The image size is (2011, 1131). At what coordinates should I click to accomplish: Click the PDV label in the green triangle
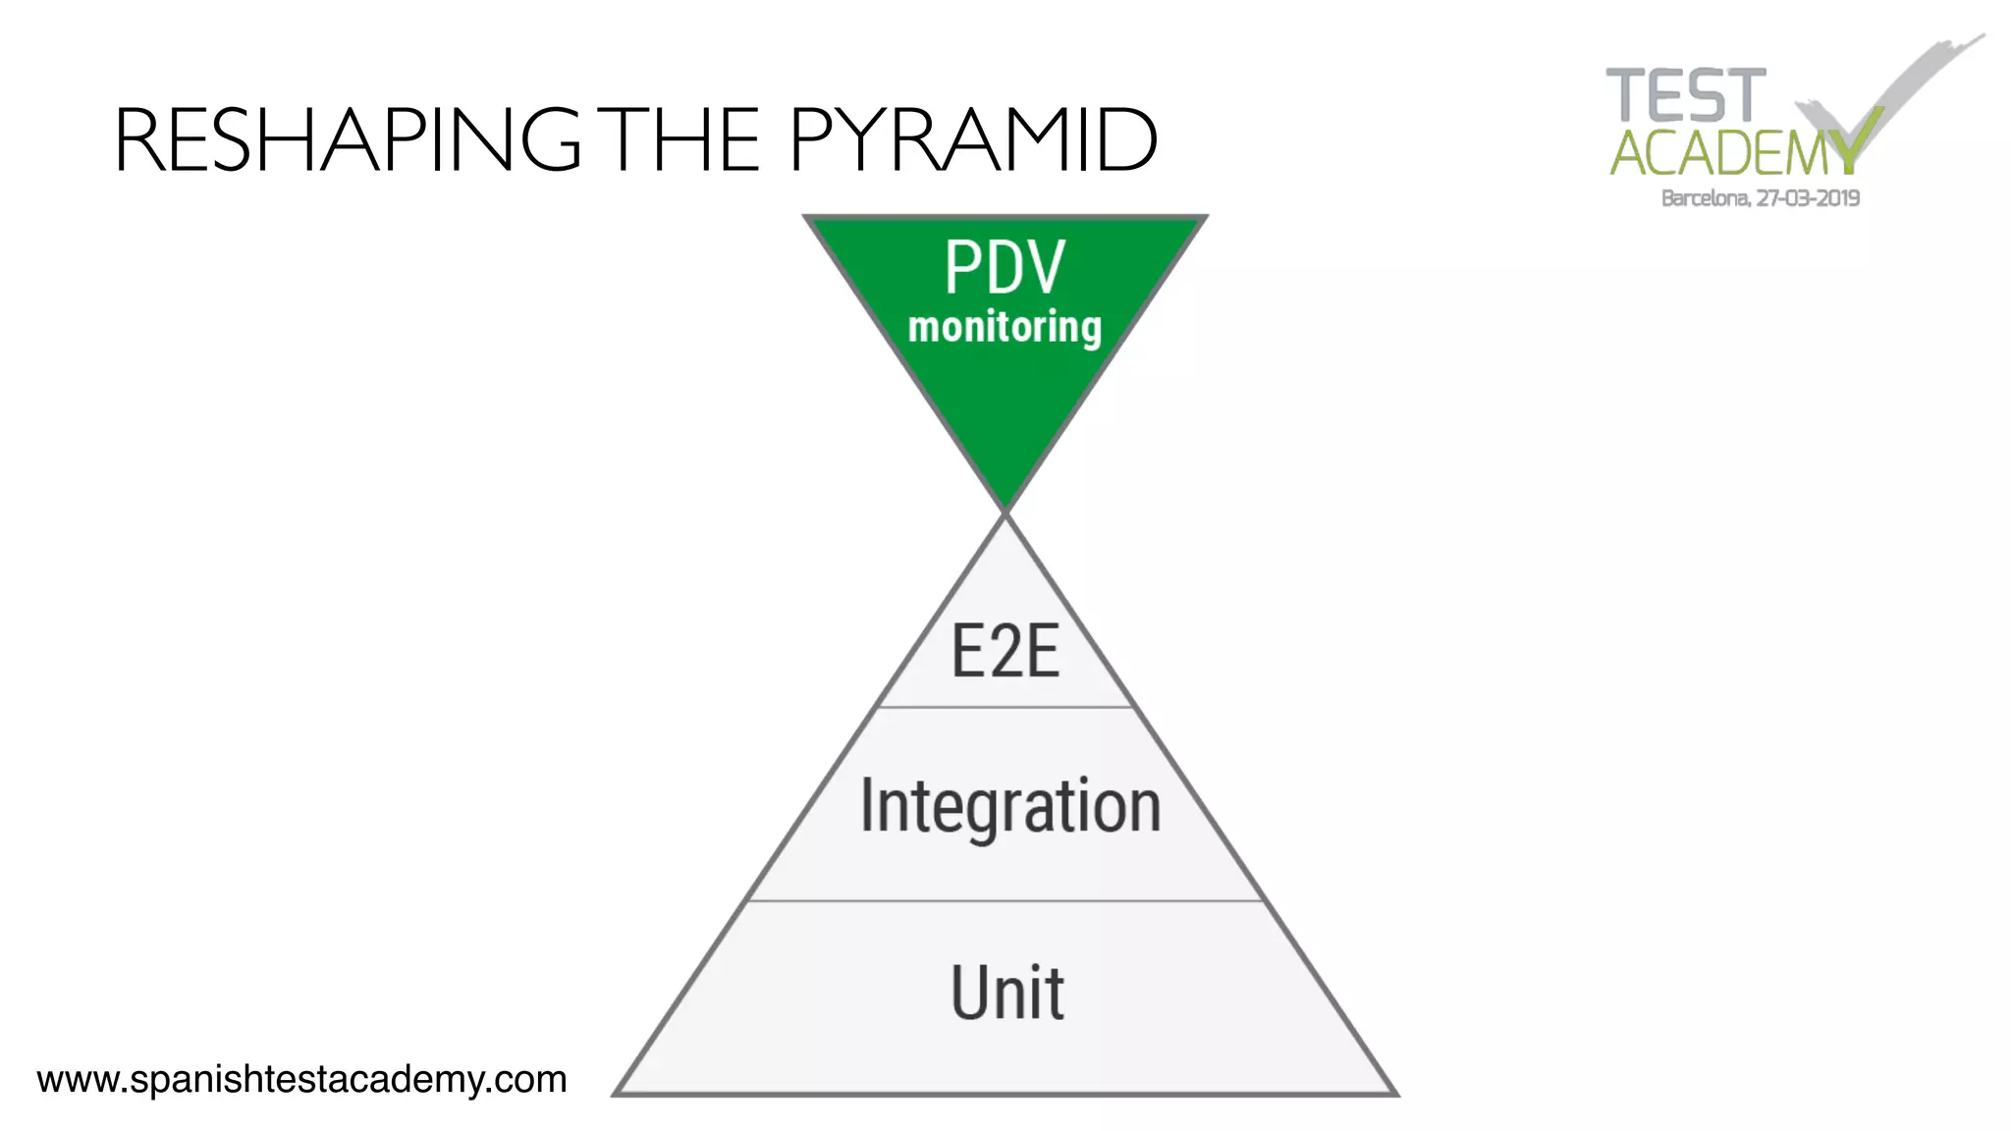(1005, 267)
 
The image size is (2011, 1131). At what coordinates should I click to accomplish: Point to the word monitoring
(1005, 328)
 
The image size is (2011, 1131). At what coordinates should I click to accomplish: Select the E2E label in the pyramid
(1005, 652)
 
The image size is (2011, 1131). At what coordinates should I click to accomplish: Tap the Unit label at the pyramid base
(1007, 993)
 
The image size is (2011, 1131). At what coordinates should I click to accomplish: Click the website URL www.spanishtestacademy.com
(301, 1080)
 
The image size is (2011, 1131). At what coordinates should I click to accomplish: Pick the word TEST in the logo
(1685, 96)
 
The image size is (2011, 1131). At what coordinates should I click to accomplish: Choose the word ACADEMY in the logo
(1733, 153)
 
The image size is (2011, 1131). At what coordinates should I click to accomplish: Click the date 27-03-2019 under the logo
(1808, 198)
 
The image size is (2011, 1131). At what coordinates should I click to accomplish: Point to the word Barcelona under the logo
(1705, 198)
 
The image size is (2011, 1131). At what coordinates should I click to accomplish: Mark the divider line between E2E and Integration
(1005, 707)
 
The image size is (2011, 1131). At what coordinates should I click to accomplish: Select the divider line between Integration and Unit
(1005, 900)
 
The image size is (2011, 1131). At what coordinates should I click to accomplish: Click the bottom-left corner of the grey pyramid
(617, 1093)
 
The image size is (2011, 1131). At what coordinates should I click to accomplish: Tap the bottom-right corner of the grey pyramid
(1394, 1093)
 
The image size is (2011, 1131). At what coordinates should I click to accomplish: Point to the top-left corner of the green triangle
(807, 218)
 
